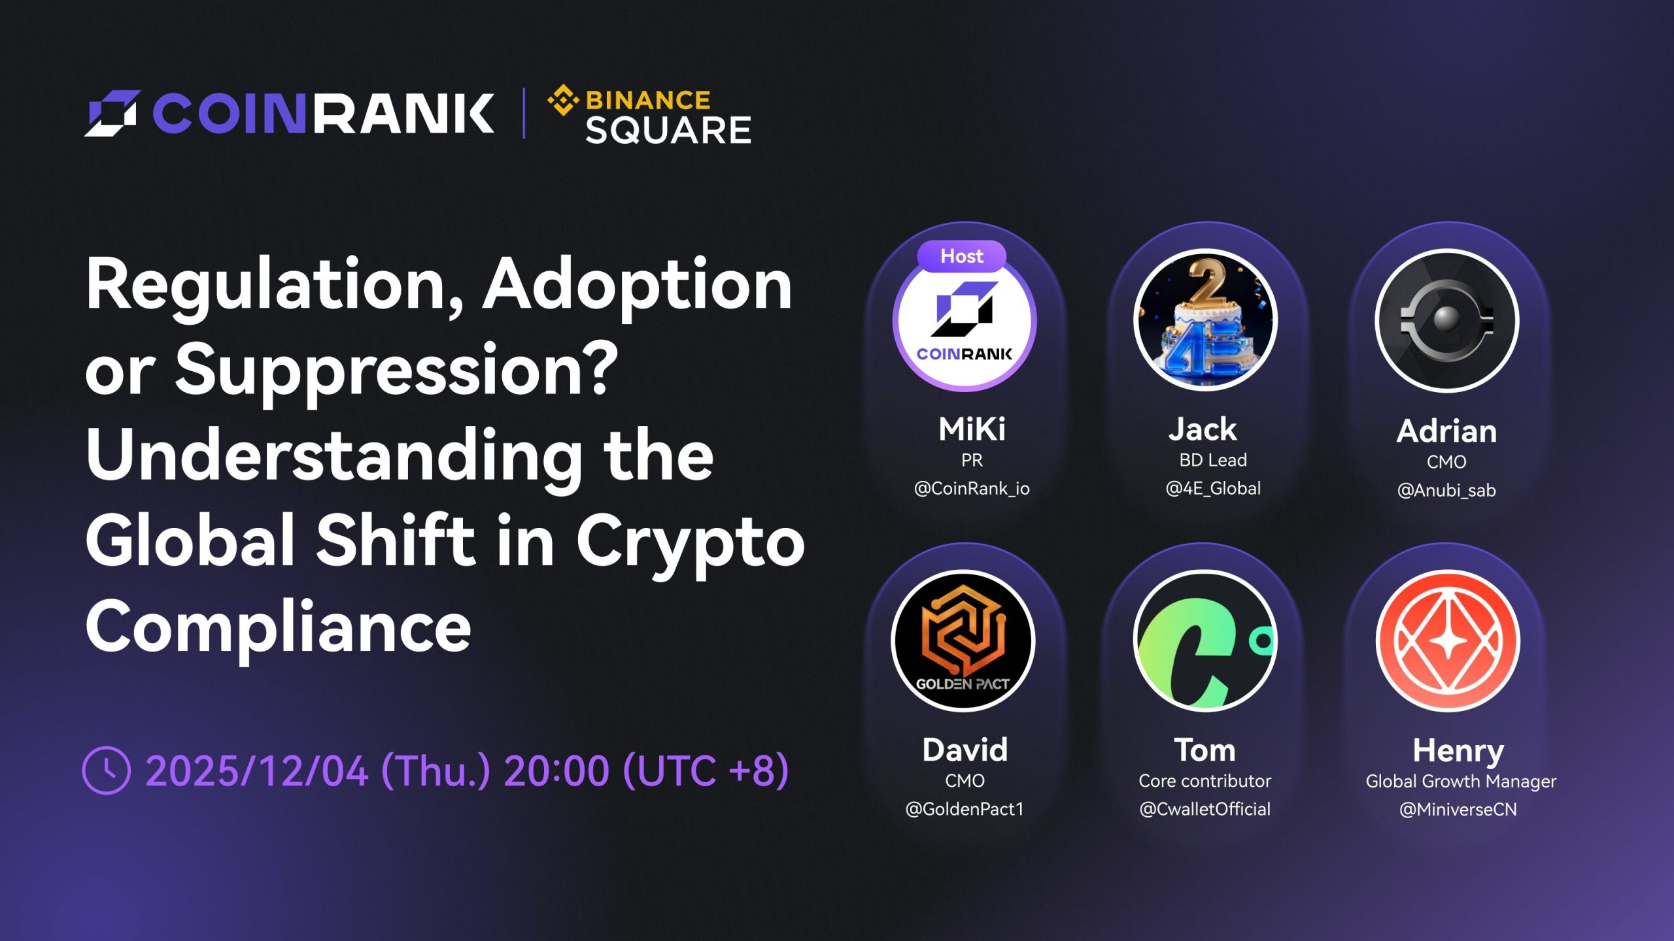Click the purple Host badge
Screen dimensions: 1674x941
pos(961,256)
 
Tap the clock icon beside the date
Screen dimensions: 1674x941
pos(106,770)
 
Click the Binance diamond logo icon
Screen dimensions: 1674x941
pos(563,101)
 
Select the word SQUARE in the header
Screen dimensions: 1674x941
pos(668,130)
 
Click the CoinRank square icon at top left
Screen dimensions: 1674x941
pos(112,113)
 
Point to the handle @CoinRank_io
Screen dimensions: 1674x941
pos(972,489)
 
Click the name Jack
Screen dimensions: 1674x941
pos(1203,429)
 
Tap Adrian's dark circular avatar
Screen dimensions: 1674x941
pos(1446,320)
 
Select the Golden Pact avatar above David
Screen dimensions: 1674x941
pos(963,640)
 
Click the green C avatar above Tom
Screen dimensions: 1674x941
pos(1205,640)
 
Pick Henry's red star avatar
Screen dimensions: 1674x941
pos(1448,640)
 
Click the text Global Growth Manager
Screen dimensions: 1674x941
pos(1461,782)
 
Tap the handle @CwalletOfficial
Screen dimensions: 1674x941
pos(1205,810)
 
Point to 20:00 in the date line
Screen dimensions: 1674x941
pos(556,771)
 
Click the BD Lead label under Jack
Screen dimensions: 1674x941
pos(1213,460)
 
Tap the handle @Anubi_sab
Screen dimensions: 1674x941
pos(1446,491)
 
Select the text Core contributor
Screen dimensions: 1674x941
pos(1205,781)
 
